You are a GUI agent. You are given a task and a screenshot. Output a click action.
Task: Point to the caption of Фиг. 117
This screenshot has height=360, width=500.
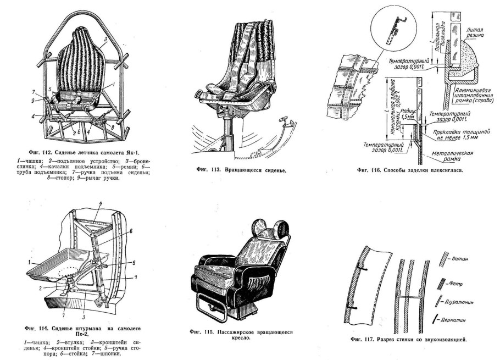pos(409,339)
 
